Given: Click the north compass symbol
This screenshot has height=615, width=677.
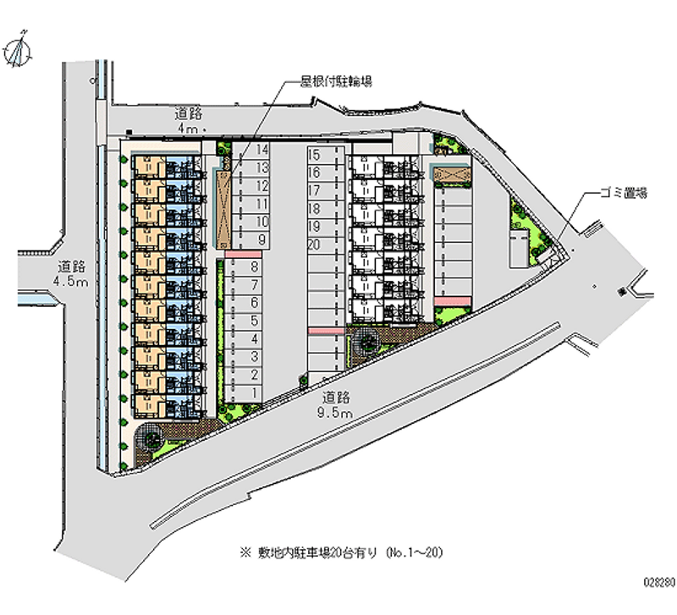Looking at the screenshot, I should pos(19,51).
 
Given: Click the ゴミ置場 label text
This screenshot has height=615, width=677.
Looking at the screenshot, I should pos(619,194).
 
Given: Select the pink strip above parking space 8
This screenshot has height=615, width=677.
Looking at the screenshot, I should pos(243,254).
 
